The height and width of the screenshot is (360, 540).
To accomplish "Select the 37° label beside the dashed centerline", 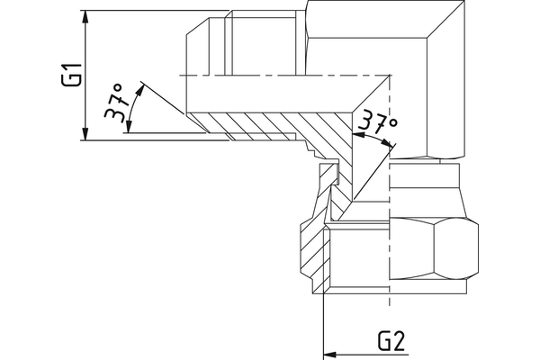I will pyautogui.click(x=375, y=126).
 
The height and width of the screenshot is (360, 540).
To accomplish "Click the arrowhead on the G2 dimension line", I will pyautogui.click(x=329, y=353).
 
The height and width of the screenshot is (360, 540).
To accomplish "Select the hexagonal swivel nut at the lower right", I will pyautogui.click(x=423, y=252).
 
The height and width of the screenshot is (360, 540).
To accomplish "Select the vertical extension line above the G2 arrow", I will pyautogui.click(x=322, y=315).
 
